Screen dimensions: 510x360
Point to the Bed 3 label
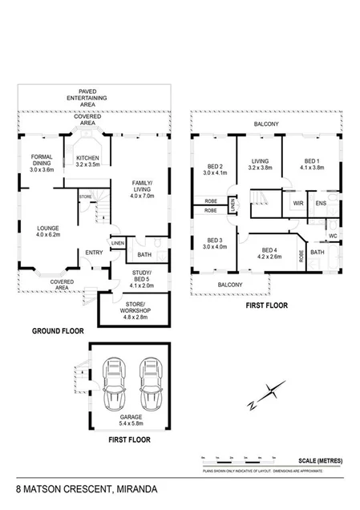[x=214, y=245]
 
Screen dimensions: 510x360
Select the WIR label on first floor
[x=297, y=204]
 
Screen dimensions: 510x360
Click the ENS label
[x=320, y=204]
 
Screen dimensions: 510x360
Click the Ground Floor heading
[x=58, y=330]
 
